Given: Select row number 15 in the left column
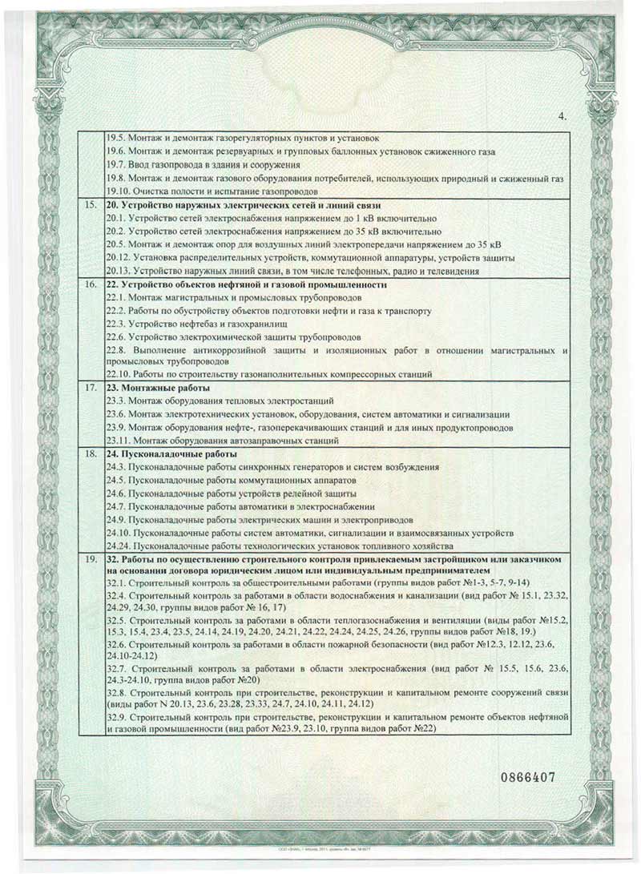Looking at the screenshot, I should point(91,206).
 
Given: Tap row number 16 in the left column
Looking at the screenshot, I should point(91,284).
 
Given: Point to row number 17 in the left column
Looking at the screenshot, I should point(91,387).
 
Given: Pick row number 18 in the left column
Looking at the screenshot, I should point(91,453).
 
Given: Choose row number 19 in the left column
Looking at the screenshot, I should point(91,556).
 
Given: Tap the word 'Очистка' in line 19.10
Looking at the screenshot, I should point(151,192).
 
